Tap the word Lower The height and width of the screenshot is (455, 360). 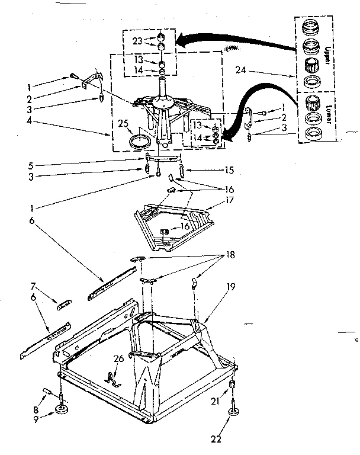[x=328, y=113]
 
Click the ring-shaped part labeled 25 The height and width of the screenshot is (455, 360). [x=139, y=142]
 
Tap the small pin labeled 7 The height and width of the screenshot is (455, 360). [x=64, y=305]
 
